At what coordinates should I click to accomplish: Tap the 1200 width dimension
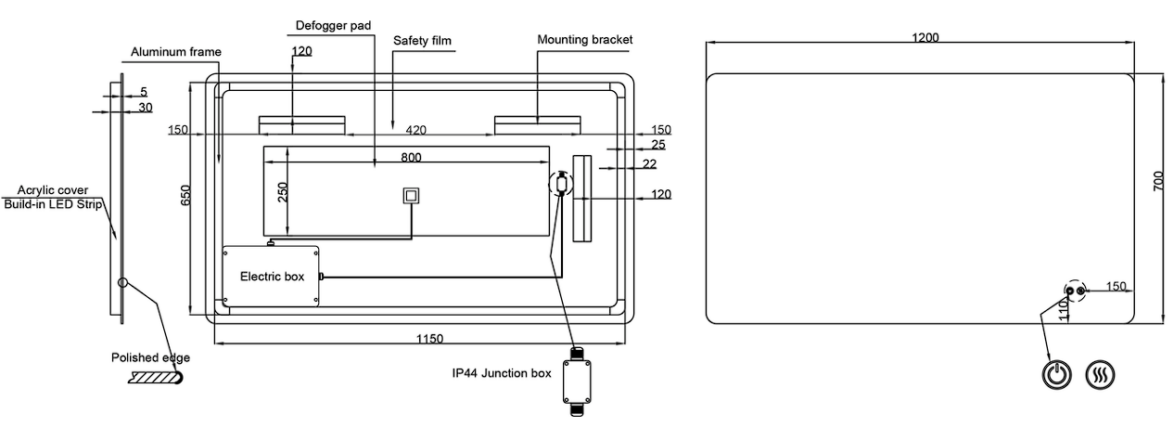pyautogui.click(x=925, y=38)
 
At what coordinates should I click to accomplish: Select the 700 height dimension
pyautogui.click(x=1158, y=181)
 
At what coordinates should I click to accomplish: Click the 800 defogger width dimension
pyautogui.click(x=411, y=157)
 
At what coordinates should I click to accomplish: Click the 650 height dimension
pyautogui.click(x=185, y=195)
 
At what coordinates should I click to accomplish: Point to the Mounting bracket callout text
pyautogui.click(x=585, y=39)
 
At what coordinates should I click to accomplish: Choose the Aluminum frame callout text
pyautogui.click(x=176, y=52)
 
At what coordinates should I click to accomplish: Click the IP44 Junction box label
pyautogui.click(x=501, y=373)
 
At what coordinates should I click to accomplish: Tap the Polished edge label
pyautogui.click(x=151, y=357)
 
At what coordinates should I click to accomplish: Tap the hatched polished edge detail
pyautogui.click(x=157, y=378)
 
